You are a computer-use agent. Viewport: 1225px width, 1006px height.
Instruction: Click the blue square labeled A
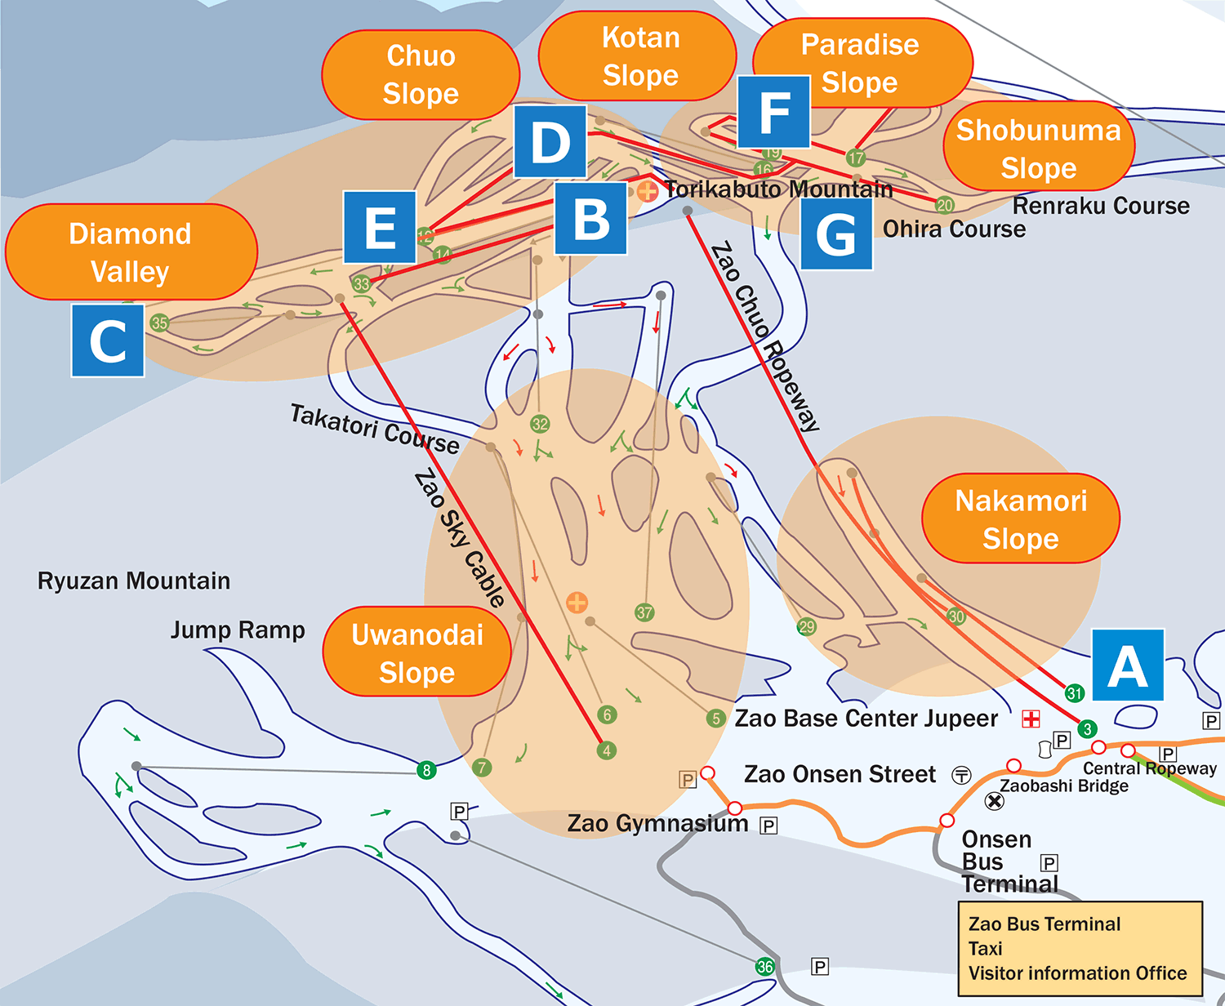(1128, 665)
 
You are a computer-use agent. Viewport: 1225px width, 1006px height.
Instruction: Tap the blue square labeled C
(108, 341)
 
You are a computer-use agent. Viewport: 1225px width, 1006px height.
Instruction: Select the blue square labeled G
(836, 234)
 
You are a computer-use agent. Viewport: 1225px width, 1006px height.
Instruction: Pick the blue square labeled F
(773, 112)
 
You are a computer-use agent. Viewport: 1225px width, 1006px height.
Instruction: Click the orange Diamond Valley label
(131, 252)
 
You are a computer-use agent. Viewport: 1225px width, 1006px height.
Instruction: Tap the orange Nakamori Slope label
(1021, 519)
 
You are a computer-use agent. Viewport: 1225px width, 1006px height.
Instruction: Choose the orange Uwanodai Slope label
(417, 652)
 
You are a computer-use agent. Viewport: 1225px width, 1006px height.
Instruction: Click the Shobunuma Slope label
(1039, 146)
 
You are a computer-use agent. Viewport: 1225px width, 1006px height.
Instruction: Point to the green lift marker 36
(765, 967)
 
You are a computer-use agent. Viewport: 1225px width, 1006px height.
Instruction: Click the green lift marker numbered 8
(427, 770)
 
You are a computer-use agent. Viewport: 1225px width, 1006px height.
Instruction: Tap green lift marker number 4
(607, 750)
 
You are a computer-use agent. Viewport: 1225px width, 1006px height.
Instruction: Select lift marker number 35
(159, 323)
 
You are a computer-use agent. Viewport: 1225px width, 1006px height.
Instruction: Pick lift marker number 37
(644, 612)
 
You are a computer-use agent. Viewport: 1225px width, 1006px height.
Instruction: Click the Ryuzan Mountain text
(134, 581)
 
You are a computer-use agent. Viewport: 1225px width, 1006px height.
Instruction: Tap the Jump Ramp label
(238, 630)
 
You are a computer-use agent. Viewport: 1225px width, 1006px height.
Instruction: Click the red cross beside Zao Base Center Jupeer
(1031, 719)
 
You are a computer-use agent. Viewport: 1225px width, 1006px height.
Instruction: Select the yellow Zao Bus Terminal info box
(1080, 949)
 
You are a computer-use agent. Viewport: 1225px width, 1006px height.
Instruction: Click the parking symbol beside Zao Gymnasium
(768, 826)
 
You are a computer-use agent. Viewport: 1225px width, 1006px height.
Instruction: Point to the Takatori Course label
(375, 430)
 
